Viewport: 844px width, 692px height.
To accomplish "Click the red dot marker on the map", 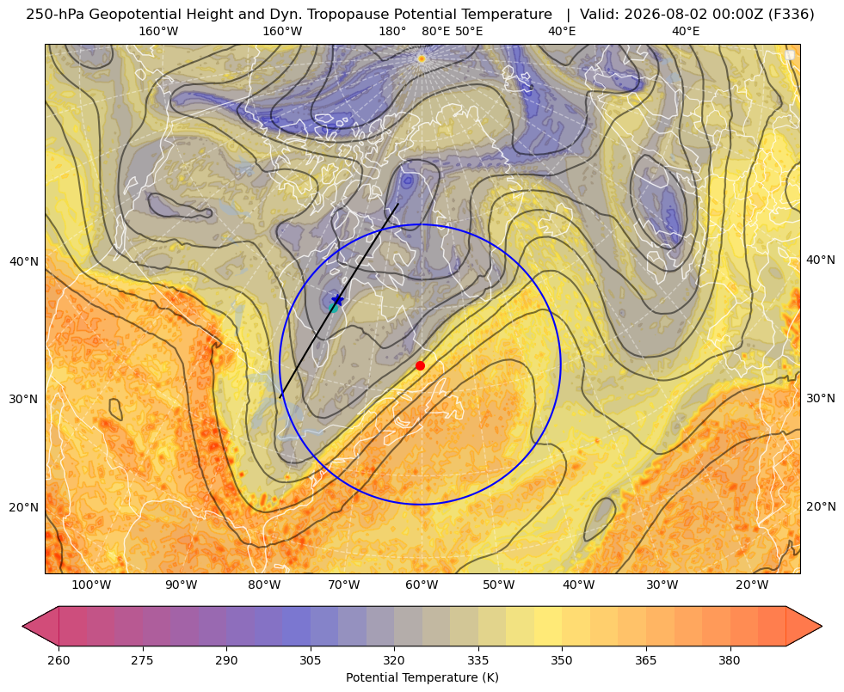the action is (420, 365).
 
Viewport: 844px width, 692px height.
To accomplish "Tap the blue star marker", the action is (337, 299).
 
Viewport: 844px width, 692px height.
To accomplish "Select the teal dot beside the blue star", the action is (333, 308).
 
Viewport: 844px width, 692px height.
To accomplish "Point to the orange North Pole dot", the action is (422, 58).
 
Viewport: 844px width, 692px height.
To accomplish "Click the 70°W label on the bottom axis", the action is (344, 585).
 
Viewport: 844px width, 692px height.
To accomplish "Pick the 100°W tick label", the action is (91, 585).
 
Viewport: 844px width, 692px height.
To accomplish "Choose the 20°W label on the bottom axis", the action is (752, 585).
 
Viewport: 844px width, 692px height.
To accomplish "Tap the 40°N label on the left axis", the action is (24, 262).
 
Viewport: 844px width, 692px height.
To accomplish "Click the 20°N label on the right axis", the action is (821, 506).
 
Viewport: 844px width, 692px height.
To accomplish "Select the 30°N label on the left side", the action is (24, 400).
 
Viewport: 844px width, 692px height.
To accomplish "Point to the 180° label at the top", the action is (392, 31).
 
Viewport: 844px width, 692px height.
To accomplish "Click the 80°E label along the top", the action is (435, 31).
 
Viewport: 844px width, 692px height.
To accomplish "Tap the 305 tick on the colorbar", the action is (310, 660).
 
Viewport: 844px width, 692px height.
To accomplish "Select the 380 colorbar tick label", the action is (730, 660).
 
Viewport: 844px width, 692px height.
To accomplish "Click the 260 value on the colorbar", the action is (59, 660).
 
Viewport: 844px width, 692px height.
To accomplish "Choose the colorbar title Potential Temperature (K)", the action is (422, 677).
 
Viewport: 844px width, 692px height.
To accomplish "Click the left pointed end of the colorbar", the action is (23, 626).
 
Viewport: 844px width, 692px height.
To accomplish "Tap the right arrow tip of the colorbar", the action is (822, 626).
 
